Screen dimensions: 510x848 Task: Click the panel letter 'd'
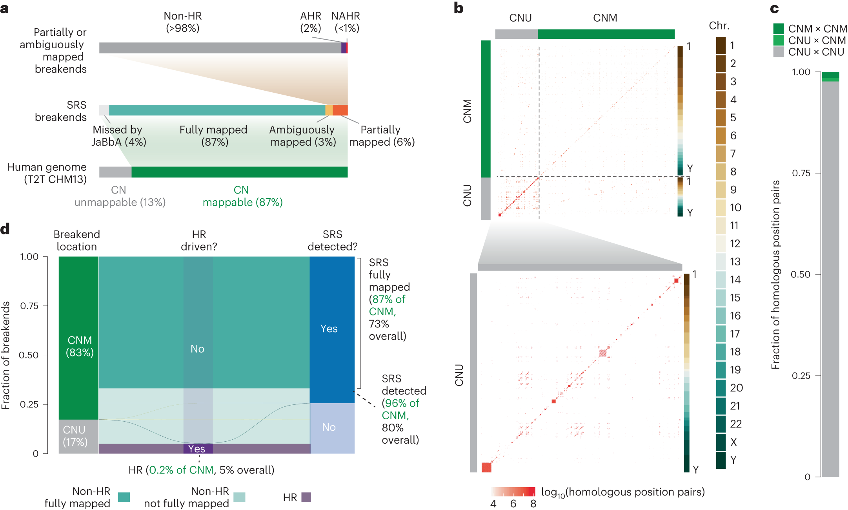(x=5, y=229)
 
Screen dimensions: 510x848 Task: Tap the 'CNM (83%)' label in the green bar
(x=80, y=346)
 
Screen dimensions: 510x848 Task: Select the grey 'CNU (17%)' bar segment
(x=78, y=436)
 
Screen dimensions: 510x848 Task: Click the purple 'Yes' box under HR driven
(x=198, y=448)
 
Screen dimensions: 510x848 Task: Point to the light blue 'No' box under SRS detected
(x=332, y=428)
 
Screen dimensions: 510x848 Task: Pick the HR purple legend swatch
(x=306, y=497)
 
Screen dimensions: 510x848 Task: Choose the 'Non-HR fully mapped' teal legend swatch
(x=124, y=497)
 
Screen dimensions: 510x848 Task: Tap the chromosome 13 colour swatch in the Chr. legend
(x=721, y=262)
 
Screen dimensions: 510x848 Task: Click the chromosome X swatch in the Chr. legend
(x=721, y=442)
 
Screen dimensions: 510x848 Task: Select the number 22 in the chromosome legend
(x=736, y=424)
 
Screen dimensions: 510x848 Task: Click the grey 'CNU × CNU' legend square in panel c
(x=778, y=52)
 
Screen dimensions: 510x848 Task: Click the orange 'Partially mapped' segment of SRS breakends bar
(x=340, y=110)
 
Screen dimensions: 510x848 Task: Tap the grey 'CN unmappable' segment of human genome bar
(x=115, y=172)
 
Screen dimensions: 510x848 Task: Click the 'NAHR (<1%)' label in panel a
(x=345, y=22)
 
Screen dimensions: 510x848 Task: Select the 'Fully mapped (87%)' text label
(x=213, y=135)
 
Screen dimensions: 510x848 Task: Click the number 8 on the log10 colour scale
(x=533, y=504)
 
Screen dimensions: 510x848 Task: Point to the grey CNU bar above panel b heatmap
(x=516, y=34)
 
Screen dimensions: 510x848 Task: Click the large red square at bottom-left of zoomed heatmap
(x=486, y=467)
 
